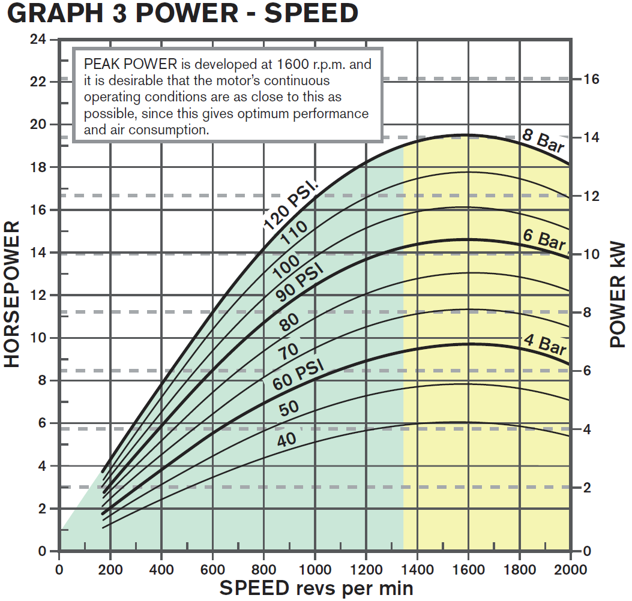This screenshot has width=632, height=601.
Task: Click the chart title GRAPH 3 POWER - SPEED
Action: click(182, 13)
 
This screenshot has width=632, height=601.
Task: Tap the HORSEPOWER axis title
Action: click(13, 294)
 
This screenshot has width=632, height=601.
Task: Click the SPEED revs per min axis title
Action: click(316, 588)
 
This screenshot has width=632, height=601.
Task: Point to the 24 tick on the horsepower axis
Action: click(37, 40)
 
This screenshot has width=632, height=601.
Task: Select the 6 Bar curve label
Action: click(544, 240)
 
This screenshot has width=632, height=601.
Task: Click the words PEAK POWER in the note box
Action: click(130, 64)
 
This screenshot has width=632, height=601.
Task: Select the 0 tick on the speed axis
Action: click(59, 568)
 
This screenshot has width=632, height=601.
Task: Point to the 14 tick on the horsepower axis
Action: click(37, 253)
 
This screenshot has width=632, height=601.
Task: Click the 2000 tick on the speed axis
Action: click(570, 568)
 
